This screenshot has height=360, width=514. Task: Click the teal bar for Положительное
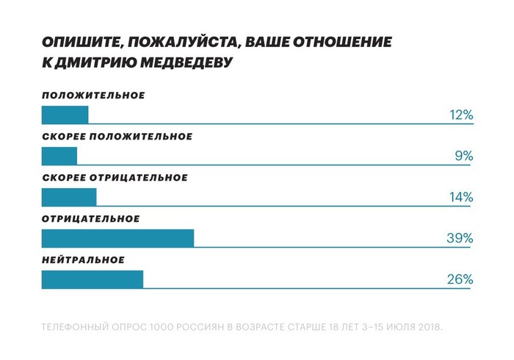click(x=65, y=115)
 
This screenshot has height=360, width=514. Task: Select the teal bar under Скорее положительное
click(x=59, y=156)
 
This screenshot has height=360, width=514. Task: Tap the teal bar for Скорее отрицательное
click(x=68, y=197)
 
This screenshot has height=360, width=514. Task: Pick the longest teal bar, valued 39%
click(x=117, y=238)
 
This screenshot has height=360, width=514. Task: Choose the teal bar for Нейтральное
click(x=92, y=279)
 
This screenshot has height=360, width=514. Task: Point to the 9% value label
click(x=464, y=156)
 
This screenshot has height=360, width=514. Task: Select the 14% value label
click(x=461, y=197)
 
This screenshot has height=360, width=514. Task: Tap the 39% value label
click(x=460, y=238)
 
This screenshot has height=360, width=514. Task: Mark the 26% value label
click(x=460, y=279)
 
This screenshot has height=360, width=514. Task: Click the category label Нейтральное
click(x=83, y=260)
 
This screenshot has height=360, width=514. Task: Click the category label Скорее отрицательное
click(x=115, y=178)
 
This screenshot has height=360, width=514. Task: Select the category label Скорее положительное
click(x=117, y=137)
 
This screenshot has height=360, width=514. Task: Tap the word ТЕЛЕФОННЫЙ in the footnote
click(x=73, y=325)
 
